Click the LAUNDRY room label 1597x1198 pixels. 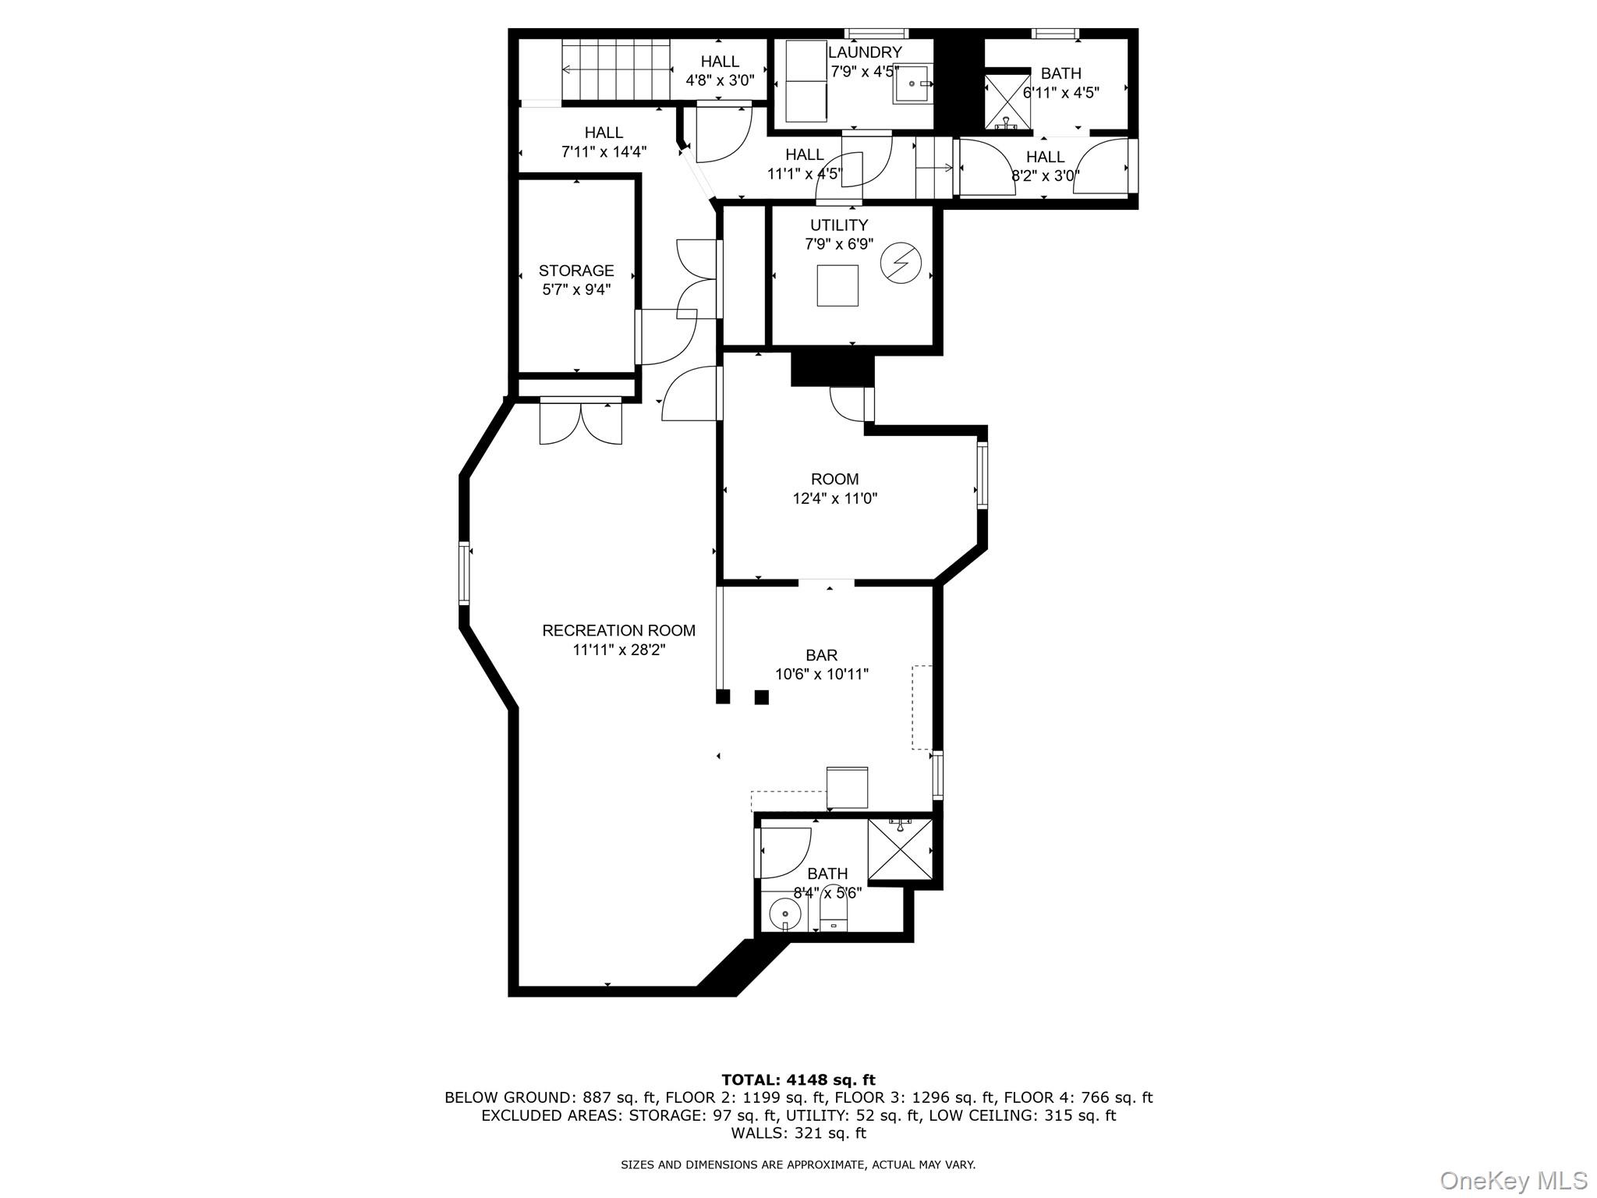tap(864, 52)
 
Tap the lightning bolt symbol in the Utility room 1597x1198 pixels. tap(901, 264)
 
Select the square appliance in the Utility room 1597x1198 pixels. tap(837, 285)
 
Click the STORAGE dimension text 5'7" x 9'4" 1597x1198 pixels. tap(576, 290)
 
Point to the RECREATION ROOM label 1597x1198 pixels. tap(618, 630)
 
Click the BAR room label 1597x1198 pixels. tap(822, 656)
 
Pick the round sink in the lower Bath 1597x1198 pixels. tap(784, 912)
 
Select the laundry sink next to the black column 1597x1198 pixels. tap(912, 84)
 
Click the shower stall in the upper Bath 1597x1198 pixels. tap(1007, 101)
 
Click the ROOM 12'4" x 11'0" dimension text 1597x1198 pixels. tap(834, 498)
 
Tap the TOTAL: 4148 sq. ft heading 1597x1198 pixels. tap(798, 1080)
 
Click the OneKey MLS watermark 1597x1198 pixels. tap(1513, 1181)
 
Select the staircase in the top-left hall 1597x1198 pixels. tap(617, 70)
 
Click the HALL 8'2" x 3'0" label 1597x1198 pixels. tap(1045, 157)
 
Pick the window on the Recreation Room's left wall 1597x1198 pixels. tap(465, 573)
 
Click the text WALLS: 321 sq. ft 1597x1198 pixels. tap(798, 1133)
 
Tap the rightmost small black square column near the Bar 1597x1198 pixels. tap(762, 697)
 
